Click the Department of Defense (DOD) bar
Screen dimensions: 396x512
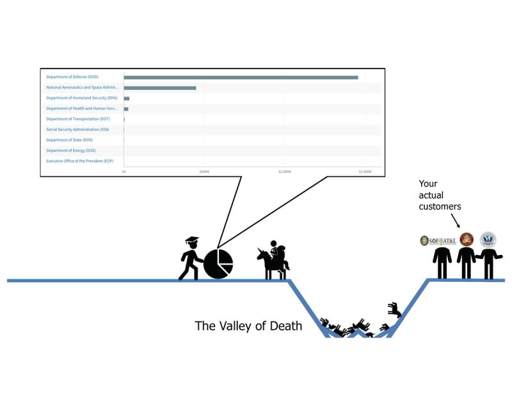point(241,77)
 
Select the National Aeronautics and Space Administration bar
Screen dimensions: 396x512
point(160,88)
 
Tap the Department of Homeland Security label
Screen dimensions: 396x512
point(81,98)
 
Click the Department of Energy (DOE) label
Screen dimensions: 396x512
point(70,150)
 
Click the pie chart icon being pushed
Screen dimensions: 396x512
point(218,263)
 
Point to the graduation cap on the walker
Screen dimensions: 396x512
point(192,241)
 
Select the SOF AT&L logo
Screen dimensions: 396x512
point(438,241)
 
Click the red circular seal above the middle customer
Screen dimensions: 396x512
point(467,240)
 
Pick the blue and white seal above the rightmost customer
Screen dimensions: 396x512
point(488,240)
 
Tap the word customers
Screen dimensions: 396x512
point(440,206)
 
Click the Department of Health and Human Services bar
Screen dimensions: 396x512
point(126,109)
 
